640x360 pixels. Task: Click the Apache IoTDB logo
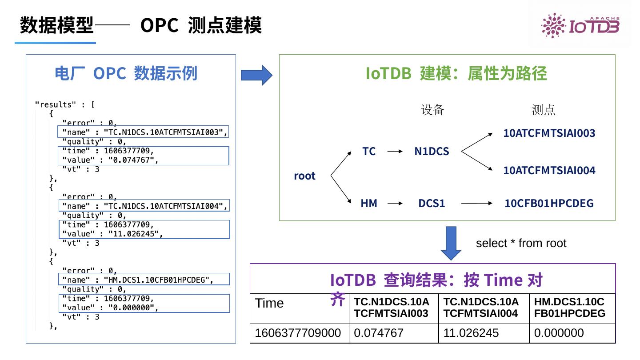[580, 25]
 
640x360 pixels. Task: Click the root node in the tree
[304, 176]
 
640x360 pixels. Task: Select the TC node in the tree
[369, 152]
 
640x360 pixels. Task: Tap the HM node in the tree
[369, 204]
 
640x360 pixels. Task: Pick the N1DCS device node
[432, 152]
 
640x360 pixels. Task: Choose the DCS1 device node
[432, 204]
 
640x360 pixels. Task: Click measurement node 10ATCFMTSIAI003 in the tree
[549, 133]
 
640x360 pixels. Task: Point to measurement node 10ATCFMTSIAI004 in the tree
[549, 170]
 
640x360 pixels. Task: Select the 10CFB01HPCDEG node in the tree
[549, 204]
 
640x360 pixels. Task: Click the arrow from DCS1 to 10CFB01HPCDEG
[477, 204]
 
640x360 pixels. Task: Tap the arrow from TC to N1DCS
[395, 152]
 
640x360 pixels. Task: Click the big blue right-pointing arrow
[256, 75]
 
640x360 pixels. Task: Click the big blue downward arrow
[451, 243]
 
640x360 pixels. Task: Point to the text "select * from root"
[521, 244]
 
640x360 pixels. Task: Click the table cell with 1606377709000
[299, 333]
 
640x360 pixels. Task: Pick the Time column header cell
[269, 304]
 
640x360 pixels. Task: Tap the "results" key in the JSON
[56, 105]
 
